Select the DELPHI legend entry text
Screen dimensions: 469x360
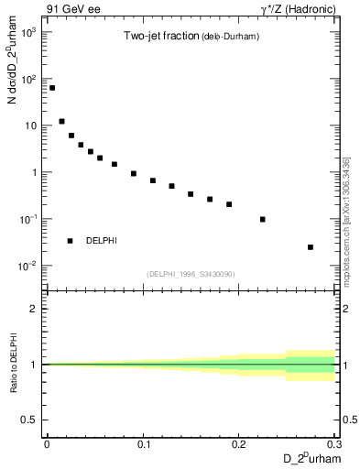click(101, 241)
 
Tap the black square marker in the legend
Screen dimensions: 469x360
click(70, 241)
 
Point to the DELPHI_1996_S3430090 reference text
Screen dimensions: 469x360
click(191, 274)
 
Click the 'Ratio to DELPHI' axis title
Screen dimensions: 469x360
click(12, 364)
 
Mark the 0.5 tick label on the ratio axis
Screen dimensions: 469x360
click(32, 420)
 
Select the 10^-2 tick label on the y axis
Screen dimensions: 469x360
click(29, 266)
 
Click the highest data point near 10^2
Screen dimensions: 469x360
click(52, 88)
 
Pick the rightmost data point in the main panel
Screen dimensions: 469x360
click(311, 246)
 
